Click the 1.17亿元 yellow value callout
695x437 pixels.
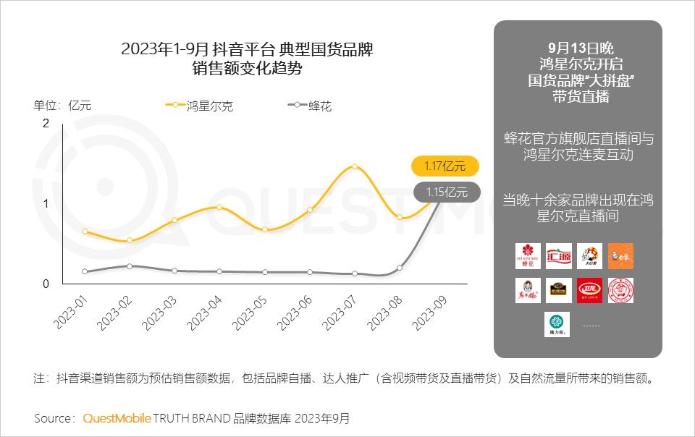tap(445, 166)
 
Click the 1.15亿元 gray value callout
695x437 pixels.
tap(446, 192)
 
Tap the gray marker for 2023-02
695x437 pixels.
tap(130, 266)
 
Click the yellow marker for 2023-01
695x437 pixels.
tap(85, 232)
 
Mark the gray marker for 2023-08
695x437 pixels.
tap(400, 268)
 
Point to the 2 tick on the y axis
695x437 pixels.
tap(46, 123)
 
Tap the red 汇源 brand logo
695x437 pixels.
tap(558, 256)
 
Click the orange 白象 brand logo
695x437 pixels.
tap(620, 256)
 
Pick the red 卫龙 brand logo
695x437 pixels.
tap(589, 290)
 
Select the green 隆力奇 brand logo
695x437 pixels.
tap(557, 324)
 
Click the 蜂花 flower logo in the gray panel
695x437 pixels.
tap(527, 256)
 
